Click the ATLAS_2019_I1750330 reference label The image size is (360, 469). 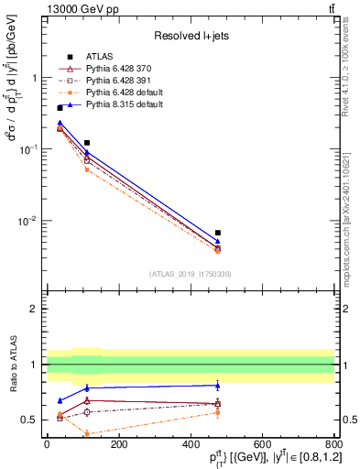pyautogui.click(x=190, y=274)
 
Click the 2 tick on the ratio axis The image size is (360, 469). pyautogui.click(x=37, y=309)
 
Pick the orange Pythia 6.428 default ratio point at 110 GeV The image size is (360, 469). pyautogui.click(x=86, y=433)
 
